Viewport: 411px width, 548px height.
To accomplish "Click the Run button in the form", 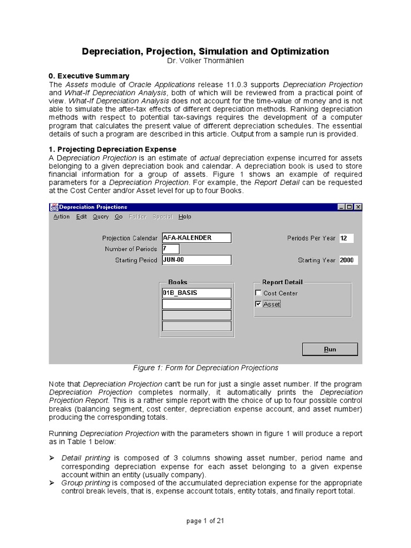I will tap(330, 349).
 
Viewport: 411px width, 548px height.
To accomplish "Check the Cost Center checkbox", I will tap(258, 293).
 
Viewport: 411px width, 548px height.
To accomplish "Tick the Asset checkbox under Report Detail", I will tap(258, 304).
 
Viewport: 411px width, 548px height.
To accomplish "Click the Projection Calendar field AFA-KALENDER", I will tap(196, 238).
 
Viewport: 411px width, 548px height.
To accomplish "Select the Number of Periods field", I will tap(170, 249).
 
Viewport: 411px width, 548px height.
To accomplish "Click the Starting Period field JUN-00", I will tap(196, 260).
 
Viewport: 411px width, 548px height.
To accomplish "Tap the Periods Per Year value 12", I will tap(346, 238).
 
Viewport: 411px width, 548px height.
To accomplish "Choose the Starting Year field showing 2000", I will tap(348, 260).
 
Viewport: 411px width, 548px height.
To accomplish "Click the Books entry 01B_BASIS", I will tap(196, 293).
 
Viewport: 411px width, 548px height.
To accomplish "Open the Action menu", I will tap(62, 217).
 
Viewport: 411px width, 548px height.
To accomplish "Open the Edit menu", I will tap(81, 217).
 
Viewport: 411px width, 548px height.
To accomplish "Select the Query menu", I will tap(101, 217).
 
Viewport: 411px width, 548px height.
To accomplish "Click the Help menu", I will tap(185, 217).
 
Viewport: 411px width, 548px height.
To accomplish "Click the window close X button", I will tap(358, 207).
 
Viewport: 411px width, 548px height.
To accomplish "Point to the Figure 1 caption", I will tap(205, 368).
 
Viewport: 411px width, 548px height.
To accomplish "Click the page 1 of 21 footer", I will tap(205, 522).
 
